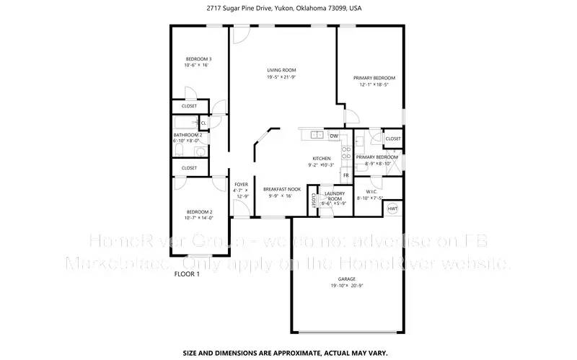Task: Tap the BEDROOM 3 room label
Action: point(197,58)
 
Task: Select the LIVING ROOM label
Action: point(282,70)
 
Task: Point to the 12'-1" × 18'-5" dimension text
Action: point(374,84)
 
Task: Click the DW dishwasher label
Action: point(334,136)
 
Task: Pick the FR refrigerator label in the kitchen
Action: point(346,175)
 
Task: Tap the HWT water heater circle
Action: point(393,208)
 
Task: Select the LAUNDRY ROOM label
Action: point(334,196)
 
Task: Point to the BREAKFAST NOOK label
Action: point(278,189)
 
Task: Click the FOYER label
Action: point(240,183)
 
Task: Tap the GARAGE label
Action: point(346,279)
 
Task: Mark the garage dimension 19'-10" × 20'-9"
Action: point(346,286)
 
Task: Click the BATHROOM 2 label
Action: point(187,135)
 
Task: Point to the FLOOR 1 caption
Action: point(188,274)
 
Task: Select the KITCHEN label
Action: point(321,158)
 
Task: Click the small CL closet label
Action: point(203,123)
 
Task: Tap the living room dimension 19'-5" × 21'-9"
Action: point(282,77)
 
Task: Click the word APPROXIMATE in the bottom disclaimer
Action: point(285,353)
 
